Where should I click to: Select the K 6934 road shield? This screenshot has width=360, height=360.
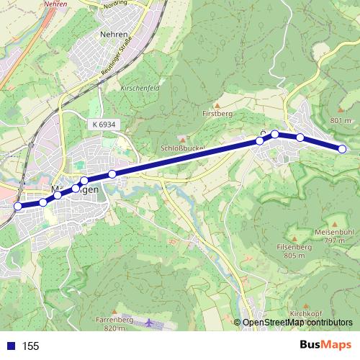[104, 125]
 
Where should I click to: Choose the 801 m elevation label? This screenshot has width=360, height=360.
[341, 120]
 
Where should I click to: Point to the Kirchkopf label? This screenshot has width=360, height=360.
[307, 315]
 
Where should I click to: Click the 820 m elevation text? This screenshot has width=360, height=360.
[114, 328]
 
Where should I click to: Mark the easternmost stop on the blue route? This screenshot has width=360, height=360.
[342, 149]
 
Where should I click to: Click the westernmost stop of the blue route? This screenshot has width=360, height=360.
[17, 207]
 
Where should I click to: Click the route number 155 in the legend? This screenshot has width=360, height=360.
[30, 346]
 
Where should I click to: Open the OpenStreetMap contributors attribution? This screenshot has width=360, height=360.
[297, 323]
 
